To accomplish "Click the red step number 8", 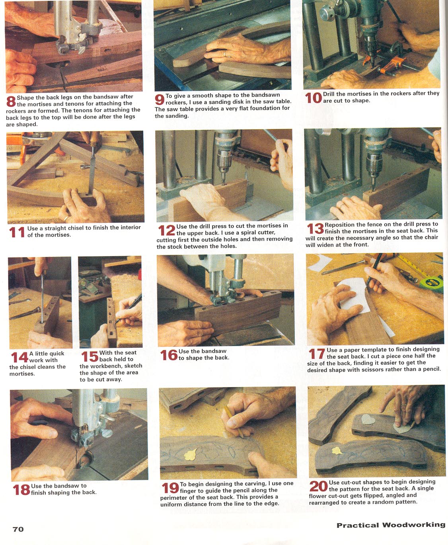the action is (x=11, y=101).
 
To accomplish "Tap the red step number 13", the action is (x=315, y=229).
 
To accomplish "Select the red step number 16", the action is (x=169, y=355).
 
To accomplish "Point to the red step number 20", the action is (x=318, y=487).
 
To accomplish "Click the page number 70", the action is (x=18, y=529).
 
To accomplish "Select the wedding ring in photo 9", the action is (x=225, y=53).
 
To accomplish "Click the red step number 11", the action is (x=17, y=232).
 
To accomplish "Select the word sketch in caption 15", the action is (x=133, y=366).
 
